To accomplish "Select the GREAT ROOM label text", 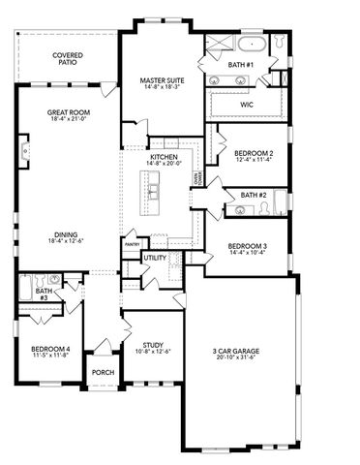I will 68,113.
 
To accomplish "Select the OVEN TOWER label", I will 197,180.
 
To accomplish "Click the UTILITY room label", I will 155,259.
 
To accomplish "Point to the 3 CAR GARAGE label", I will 239,352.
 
